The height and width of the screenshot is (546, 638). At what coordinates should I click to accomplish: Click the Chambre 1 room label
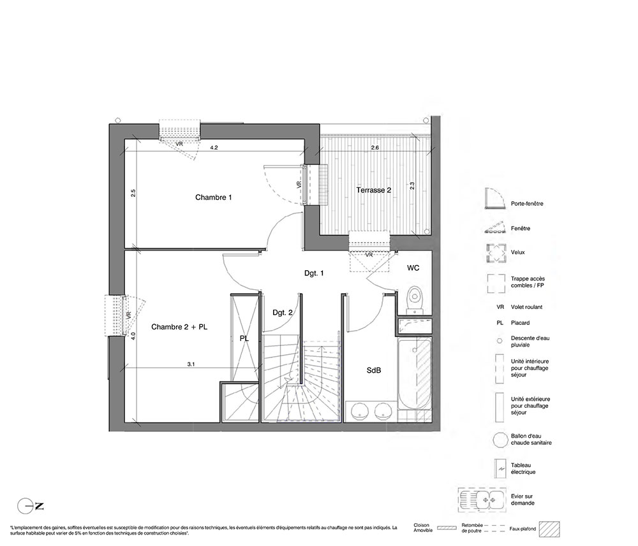point(213,198)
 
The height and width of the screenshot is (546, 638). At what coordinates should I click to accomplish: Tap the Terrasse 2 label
point(373,190)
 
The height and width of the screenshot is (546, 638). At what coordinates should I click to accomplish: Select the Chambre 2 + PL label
point(179,327)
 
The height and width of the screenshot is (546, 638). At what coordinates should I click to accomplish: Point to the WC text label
point(413,268)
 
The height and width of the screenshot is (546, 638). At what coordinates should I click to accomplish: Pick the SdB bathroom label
point(373,371)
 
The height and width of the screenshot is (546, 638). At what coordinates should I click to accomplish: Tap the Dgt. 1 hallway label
point(314,273)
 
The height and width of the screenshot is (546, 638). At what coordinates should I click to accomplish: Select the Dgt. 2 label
point(283,313)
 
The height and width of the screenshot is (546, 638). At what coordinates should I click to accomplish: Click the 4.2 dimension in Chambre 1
point(214,148)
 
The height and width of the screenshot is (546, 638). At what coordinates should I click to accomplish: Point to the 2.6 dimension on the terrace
point(375,148)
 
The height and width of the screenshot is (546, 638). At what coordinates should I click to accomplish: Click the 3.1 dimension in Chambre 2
point(191,364)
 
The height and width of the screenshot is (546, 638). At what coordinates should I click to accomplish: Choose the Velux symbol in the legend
point(496,253)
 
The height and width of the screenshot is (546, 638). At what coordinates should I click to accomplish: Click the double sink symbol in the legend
point(482,499)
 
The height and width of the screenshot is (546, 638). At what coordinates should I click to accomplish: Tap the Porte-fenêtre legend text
point(527,204)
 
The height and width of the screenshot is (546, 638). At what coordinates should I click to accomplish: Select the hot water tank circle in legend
point(500,440)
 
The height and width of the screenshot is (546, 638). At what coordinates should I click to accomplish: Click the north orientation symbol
point(31,506)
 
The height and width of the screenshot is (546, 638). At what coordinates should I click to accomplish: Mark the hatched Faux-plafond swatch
point(549,529)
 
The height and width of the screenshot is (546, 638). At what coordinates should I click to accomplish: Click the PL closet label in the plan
point(244,339)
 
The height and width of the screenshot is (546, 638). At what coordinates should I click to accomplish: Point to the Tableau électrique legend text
point(523,469)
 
